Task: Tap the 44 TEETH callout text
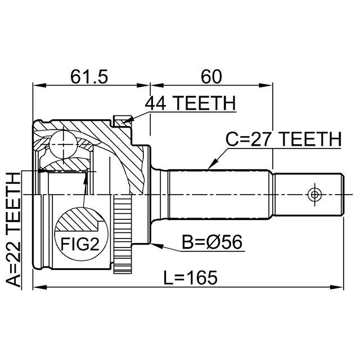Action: [x=190, y=103]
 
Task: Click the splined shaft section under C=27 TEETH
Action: [x=219, y=194]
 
